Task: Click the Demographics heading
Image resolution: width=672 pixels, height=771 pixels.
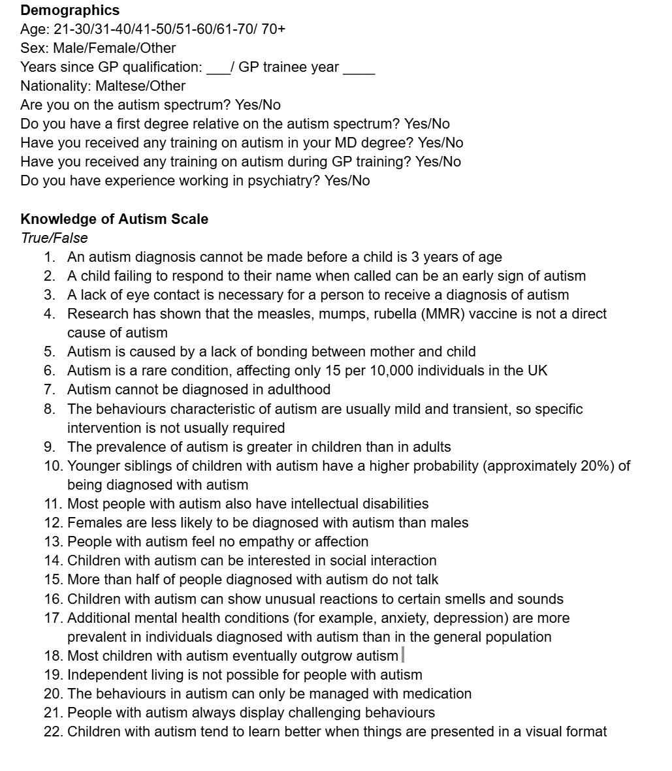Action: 70,10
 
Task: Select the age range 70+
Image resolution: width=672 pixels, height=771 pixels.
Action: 273,29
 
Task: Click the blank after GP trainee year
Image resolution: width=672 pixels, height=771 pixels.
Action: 359,69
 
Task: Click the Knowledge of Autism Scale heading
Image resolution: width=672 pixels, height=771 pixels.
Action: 114,219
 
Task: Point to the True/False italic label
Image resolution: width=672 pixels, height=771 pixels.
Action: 54,238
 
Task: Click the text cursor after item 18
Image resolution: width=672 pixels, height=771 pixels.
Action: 402,655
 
